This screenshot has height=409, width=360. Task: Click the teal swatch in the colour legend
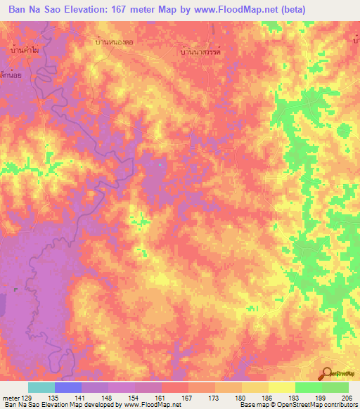click(41, 387)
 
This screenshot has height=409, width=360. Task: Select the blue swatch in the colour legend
click(68, 387)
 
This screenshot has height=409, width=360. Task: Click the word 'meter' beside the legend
click(10, 398)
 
